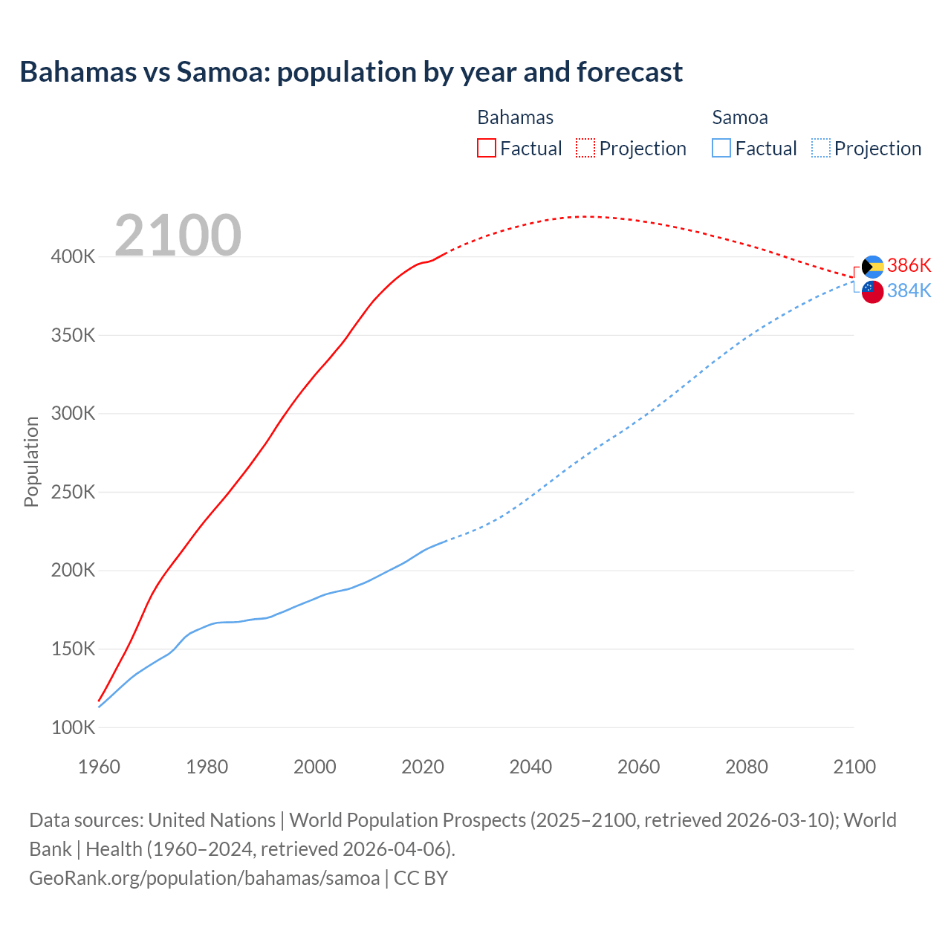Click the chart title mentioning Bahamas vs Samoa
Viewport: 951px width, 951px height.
(351, 72)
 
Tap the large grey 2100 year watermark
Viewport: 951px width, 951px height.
(178, 236)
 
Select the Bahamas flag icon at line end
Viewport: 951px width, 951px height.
(872, 267)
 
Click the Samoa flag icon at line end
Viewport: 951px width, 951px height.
(872, 292)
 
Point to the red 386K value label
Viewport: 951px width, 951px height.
(909, 266)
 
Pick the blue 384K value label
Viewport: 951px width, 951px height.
(909, 291)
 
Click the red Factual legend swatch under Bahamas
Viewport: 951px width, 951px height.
(486, 149)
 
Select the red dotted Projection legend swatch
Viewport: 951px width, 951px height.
(585, 149)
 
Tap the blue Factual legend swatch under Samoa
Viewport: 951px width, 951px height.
(721, 149)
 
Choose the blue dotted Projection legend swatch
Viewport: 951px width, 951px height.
(820, 149)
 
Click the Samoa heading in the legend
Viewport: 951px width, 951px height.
(739, 117)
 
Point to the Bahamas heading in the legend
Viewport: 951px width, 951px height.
(515, 117)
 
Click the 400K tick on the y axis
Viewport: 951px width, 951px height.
(73, 257)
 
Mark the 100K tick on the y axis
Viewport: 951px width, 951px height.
(73, 727)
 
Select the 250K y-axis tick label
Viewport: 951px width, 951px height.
(73, 492)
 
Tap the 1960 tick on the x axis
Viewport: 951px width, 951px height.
(99, 767)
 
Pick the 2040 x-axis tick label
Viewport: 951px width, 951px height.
(530, 767)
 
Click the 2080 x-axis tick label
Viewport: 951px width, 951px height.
(746, 767)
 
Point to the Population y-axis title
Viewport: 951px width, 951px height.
(31, 461)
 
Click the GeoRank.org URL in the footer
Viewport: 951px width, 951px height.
(204, 878)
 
